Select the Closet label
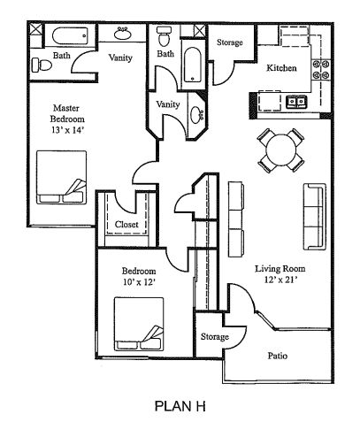point(126,225)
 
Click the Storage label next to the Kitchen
point(229,42)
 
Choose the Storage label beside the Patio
point(214,336)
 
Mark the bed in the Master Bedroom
point(61,177)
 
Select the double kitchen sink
point(296,100)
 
